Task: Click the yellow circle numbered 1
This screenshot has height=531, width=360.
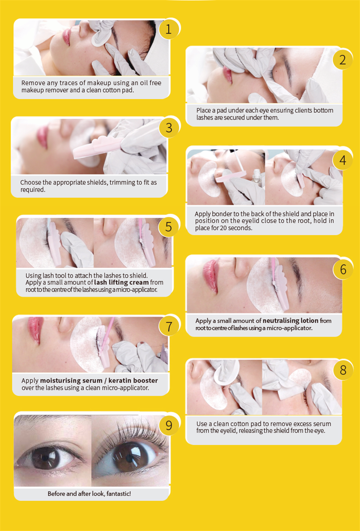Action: tap(169, 29)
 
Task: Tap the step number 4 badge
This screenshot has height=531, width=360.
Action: tap(342, 160)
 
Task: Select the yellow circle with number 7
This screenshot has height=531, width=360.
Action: tap(169, 326)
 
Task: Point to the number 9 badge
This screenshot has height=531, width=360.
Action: tap(169, 426)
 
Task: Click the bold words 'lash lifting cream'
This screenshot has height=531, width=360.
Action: tap(121, 282)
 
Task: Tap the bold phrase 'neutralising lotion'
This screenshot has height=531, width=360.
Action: tap(291, 321)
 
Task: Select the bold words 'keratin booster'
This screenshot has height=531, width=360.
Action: tap(133, 380)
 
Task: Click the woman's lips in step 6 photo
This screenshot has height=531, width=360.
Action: tap(210, 276)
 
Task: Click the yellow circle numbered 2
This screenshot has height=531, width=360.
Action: tap(342, 60)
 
